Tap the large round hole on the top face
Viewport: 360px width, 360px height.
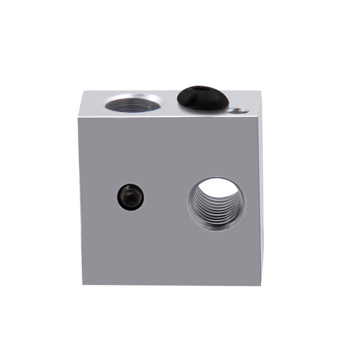(x=133, y=104)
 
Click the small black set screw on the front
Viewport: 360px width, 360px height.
(x=130, y=197)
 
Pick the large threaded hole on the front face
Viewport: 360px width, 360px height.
(x=216, y=204)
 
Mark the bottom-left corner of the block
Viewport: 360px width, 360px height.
(x=83, y=284)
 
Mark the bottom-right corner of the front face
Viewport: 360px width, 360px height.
(x=259, y=285)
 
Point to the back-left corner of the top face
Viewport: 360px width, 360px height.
(x=82, y=92)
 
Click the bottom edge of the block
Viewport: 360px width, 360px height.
(x=171, y=285)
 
